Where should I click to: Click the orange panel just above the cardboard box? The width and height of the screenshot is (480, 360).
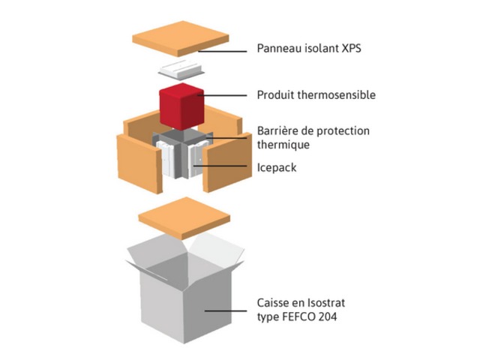pos(183,218)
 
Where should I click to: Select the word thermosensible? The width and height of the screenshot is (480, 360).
pos(337,95)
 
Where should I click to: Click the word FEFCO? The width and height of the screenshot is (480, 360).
pos(300,316)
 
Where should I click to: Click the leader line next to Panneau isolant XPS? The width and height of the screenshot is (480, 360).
pos(225,51)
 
